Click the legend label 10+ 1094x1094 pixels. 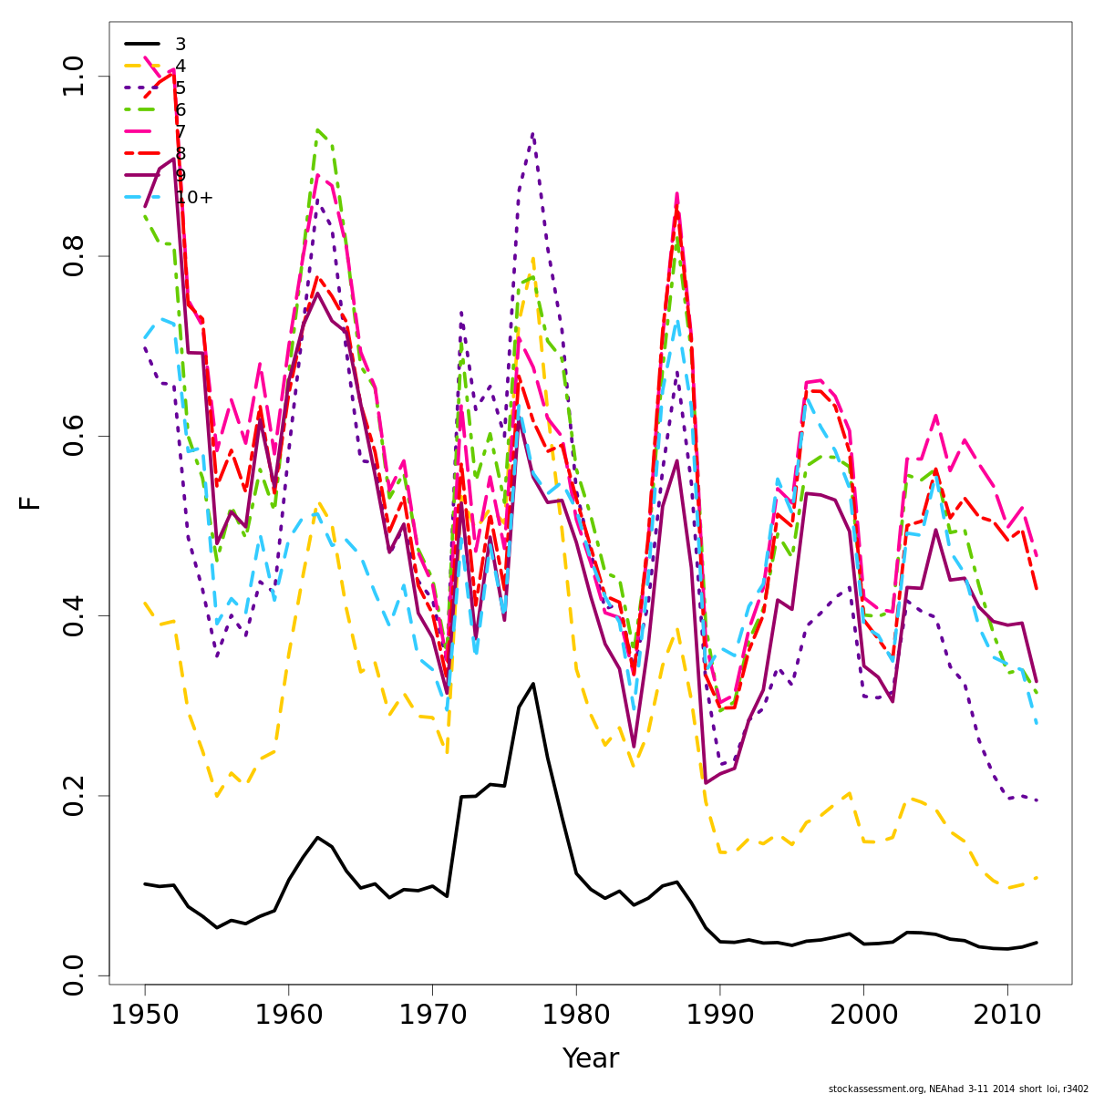pyautogui.click(x=193, y=198)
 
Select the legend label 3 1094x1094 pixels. pyautogui.click(x=181, y=45)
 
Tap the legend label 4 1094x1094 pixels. pyautogui.click(x=181, y=67)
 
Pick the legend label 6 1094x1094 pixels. pyautogui.click(x=181, y=110)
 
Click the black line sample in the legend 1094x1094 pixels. pyautogui.click(x=142, y=44)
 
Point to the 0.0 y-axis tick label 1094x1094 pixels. pyautogui.click(x=73, y=975)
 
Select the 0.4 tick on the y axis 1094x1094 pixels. pyautogui.click(x=73, y=615)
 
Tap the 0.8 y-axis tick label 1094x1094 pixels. pyautogui.click(x=73, y=256)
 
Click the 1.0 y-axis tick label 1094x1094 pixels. pyautogui.click(x=73, y=77)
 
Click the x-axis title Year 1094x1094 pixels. pyautogui.click(x=591, y=1059)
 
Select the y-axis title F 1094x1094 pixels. pyautogui.click(x=30, y=502)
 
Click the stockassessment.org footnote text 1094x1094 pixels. pyautogui.click(x=958, y=1089)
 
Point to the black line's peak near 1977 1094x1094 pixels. pyautogui.click(x=533, y=684)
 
